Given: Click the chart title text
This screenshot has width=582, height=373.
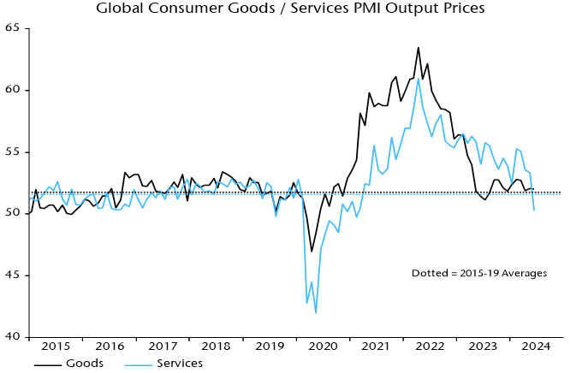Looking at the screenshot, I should click(x=290, y=9).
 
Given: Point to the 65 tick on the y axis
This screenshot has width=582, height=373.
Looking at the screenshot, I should click(x=14, y=28).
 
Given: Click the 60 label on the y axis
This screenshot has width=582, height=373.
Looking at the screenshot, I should click(x=14, y=90).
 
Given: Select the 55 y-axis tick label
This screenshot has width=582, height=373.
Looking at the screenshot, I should click(x=14, y=152).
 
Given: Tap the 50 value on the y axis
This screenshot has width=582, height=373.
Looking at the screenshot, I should click(x=14, y=213).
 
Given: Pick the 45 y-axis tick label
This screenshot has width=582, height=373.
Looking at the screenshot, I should click(x=14, y=275).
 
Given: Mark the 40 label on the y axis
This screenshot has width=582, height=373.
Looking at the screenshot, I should click(x=14, y=337).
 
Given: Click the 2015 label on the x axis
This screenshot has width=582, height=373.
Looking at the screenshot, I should click(x=56, y=347).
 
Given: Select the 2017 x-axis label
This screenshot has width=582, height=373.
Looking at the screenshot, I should click(x=162, y=347).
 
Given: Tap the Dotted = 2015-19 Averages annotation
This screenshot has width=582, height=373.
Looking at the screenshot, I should click(x=479, y=273).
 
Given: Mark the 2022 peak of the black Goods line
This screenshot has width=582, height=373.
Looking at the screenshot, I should click(x=419, y=48).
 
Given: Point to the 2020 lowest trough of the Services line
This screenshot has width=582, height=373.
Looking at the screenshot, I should click(x=316, y=312).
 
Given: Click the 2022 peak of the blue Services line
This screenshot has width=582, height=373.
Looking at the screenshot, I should click(x=419, y=79).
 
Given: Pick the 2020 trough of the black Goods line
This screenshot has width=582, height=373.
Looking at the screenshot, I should click(x=312, y=252).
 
